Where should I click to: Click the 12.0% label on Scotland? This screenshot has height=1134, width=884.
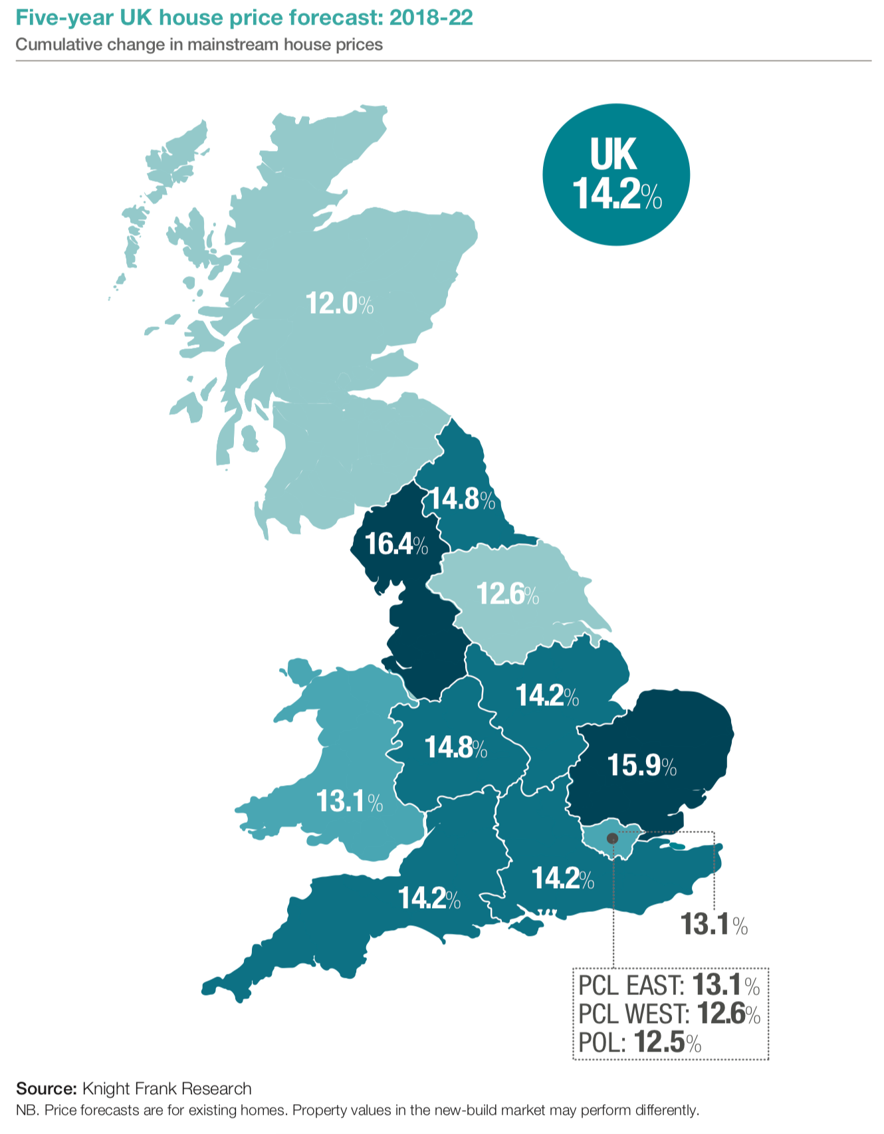click(339, 304)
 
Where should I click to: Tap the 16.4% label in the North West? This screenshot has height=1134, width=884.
click(396, 544)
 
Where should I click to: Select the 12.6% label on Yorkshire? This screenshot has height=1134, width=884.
click(507, 594)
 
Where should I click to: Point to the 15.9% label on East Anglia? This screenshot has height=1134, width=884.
click(641, 766)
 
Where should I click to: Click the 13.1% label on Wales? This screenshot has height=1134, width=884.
click(349, 802)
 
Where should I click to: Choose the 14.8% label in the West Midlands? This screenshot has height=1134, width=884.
click(456, 748)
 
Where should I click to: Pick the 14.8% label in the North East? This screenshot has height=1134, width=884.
click(462, 499)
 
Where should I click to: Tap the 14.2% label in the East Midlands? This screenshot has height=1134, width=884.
click(547, 696)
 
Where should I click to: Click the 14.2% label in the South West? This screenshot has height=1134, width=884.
click(429, 899)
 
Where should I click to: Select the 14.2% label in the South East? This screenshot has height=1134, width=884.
click(562, 879)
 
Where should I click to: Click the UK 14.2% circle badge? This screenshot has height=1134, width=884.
click(616, 175)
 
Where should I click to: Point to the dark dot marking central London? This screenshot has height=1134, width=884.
click(612, 839)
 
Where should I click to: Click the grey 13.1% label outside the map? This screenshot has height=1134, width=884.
click(714, 925)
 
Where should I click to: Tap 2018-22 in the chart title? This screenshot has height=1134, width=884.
click(431, 18)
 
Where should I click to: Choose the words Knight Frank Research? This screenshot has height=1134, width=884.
click(167, 1089)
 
